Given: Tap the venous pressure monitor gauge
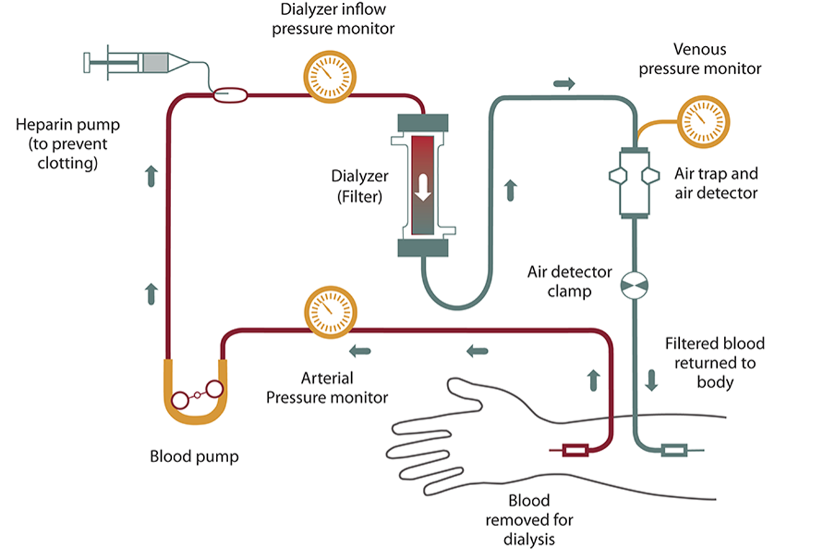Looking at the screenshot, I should [x=704, y=122].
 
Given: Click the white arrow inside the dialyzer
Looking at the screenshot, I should [x=423, y=186].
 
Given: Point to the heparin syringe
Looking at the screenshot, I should [x=136, y=63].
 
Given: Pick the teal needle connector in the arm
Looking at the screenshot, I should [x=674, y=449].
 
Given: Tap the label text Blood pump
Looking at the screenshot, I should [x=194, y=456].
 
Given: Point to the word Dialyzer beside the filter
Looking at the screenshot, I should [x=360, y=176].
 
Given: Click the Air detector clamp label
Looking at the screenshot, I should [x=570, y=281].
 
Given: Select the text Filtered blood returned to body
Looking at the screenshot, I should [x=715, y=362].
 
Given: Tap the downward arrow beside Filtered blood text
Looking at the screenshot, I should [x=651, y=379].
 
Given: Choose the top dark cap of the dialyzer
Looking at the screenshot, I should [x=422, y=124].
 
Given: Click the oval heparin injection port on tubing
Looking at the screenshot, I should [x=230, y=96].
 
